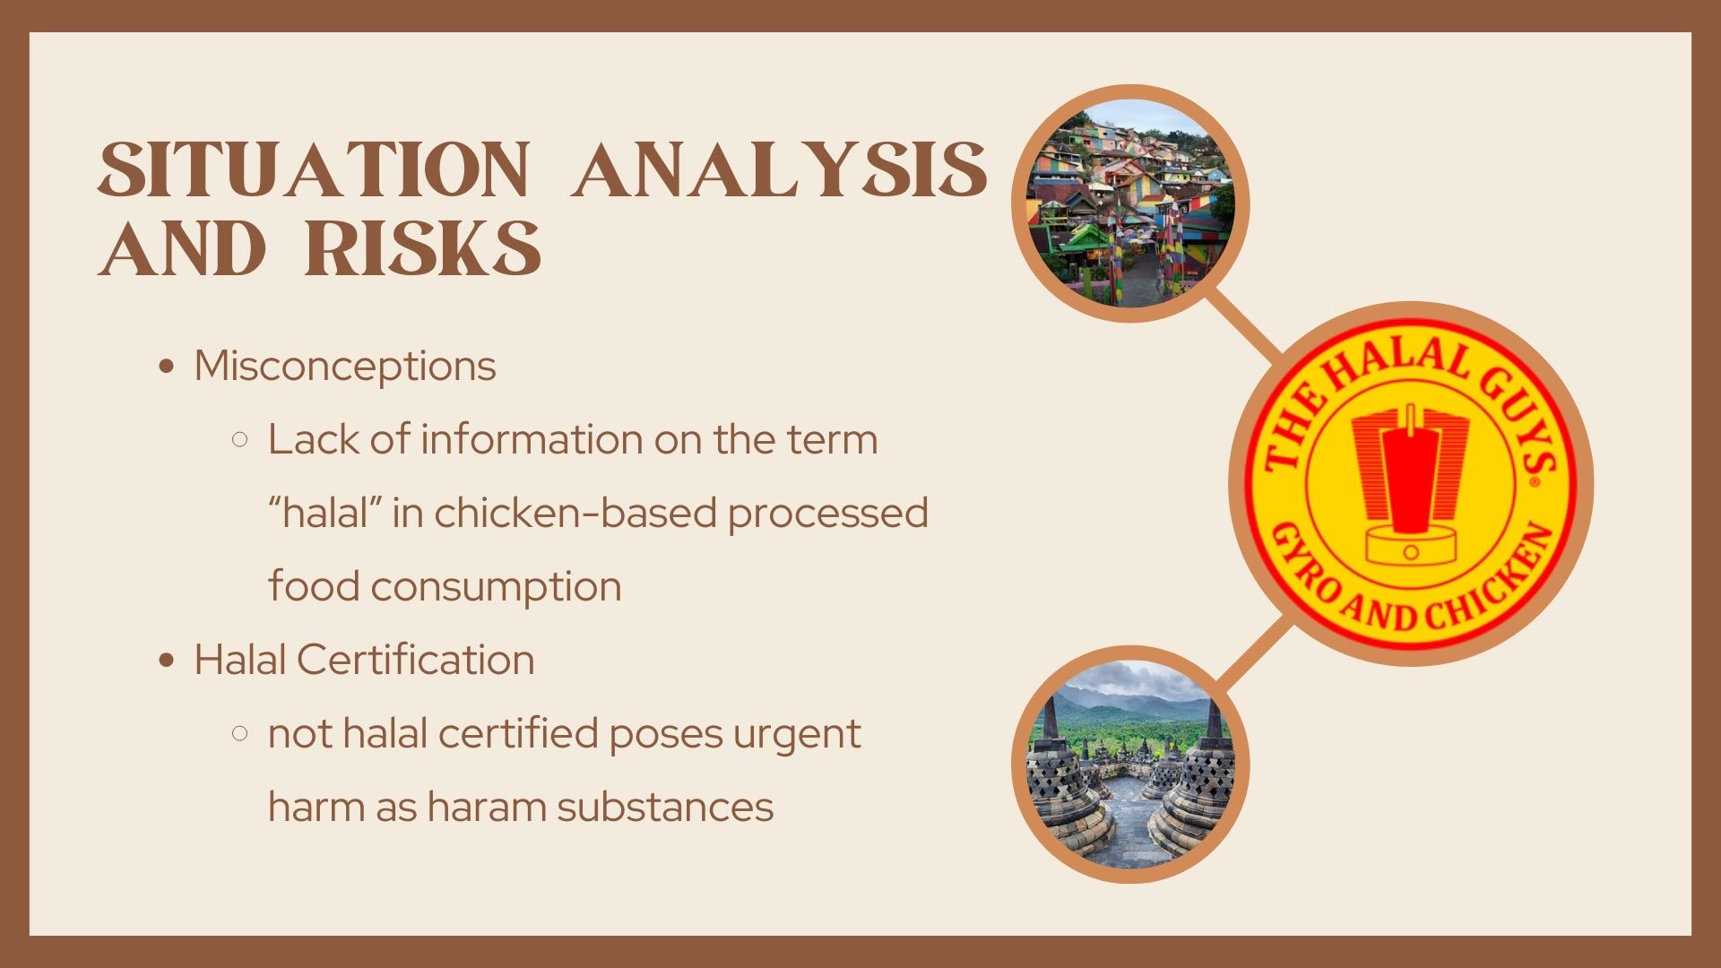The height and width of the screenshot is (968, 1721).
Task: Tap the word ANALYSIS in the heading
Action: (x=780, y=169)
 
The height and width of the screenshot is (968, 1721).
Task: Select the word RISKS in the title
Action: (x=423, y=247)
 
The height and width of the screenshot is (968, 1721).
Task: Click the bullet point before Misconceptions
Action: (x=165, y=367)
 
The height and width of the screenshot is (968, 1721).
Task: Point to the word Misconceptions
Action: (x=345, y=366)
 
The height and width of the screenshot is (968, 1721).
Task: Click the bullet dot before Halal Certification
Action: (x=165, y=661)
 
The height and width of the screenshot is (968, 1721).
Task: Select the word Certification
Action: (x=415, y=660)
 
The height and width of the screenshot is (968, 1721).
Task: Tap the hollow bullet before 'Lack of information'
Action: (x=239, y=440)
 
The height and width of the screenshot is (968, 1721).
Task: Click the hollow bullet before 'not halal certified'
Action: (x=239, y=734)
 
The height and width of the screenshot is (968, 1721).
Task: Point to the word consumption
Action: (x=496, y=587)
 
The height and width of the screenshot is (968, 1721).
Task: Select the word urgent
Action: (x=797, y=734)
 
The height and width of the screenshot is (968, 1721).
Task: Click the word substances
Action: (x=664, y=807)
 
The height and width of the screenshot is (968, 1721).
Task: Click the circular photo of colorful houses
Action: (x=1130, y=203)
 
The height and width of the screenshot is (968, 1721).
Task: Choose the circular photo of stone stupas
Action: (x=1130, y=765)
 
